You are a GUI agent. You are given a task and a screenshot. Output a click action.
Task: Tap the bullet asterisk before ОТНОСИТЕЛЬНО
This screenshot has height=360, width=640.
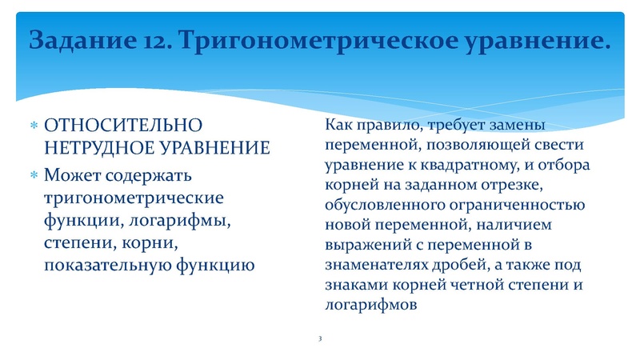33,127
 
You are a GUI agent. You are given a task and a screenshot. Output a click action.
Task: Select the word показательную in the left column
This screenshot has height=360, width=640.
103,265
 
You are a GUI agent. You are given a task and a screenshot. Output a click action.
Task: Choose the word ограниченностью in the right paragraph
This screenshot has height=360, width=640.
532,205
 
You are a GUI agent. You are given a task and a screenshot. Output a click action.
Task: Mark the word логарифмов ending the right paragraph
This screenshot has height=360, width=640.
372,304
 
